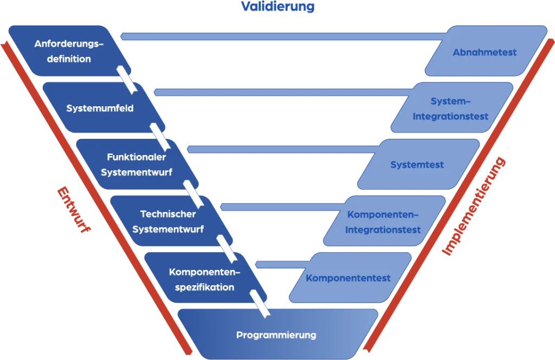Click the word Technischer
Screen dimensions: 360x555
(167, 214)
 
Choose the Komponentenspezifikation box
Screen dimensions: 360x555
(201, 279)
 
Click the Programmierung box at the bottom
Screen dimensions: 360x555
(276, 335)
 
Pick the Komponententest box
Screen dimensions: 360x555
(348, 278)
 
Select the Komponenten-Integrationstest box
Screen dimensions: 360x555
(383, 221)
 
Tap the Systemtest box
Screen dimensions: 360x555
(417, 164)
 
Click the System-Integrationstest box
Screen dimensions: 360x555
(450, 108)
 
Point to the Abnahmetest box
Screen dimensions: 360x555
(485, 52)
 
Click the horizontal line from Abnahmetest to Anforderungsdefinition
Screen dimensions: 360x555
(282, 36)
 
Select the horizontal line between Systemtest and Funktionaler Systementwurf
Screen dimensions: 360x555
(282, 149)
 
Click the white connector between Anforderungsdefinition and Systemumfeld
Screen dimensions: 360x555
(126, 78)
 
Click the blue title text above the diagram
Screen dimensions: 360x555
(277, 7)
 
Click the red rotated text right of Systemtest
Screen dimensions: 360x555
(474, 206)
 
